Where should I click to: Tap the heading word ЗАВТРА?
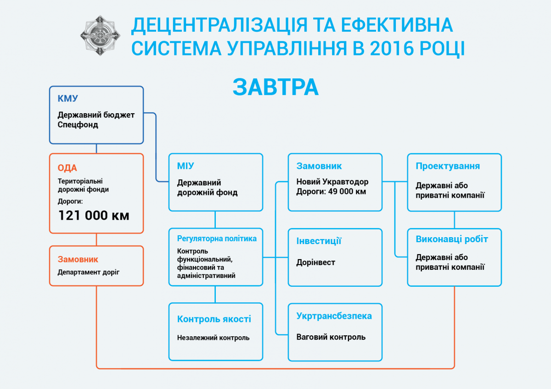point(275,87)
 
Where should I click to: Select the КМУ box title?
point(67,99)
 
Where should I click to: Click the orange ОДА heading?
point(67,168)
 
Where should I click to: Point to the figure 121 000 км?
point(94,215)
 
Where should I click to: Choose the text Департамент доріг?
point(88,272)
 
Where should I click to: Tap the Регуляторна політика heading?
point(217,239)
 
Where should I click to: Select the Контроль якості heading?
point(214,319)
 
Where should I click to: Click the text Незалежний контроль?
point(213,338)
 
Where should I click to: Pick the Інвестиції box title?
point(319,241)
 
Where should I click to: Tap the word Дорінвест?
point(316,262)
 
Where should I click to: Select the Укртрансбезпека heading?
point(334,316)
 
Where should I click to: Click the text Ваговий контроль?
point(331,337)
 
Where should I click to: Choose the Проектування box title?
point(448,166)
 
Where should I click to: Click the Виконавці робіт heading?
point(452,239)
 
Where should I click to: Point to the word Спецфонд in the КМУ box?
point(78,125)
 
